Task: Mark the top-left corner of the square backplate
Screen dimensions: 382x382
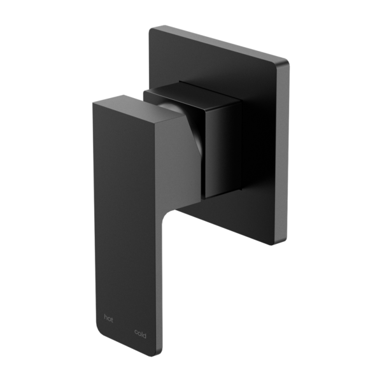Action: pos(150,28)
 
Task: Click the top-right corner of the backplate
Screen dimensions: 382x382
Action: pos(286,61)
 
